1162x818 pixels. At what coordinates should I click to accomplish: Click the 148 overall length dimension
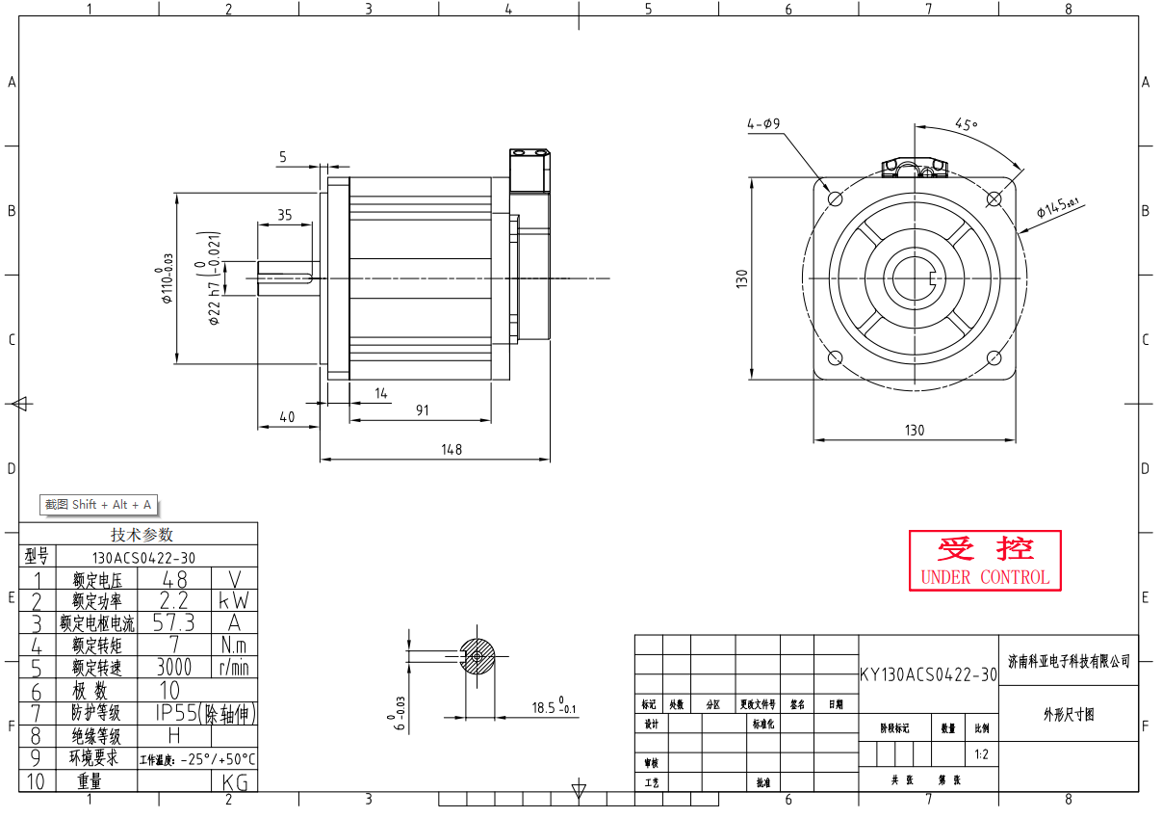(x=451, y=449)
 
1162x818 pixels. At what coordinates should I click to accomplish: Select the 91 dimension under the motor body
(x=423, y=410)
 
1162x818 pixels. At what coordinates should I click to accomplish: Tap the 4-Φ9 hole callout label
(x=763, y=124)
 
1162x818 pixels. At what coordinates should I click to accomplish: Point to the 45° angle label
(x=966, y=124)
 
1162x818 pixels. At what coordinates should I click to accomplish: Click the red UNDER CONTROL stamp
(x=985, y=561)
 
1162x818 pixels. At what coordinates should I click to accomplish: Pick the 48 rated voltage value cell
(x=174, y=578)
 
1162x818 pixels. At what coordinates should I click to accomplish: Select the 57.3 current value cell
(x=174, y=622)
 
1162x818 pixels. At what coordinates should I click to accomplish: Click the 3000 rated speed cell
(x=174, y=667)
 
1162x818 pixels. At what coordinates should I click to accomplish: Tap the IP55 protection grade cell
(x=197, y=713)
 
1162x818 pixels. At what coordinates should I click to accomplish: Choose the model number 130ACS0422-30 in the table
(x=143, y=557)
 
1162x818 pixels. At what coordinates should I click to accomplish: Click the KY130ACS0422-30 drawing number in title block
(x=928, y=674)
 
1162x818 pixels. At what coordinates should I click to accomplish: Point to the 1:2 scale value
(x=981, y=754)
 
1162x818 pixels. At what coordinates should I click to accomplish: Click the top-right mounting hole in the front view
(x=995, y=198)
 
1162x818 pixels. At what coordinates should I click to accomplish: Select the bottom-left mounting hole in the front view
(x=835, y=358)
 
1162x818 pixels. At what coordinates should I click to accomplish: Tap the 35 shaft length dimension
(x=285, y=215)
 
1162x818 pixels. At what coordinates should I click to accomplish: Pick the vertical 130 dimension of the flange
(x=742, y=278)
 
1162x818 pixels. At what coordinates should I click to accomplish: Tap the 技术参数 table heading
(x=142, y=535)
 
